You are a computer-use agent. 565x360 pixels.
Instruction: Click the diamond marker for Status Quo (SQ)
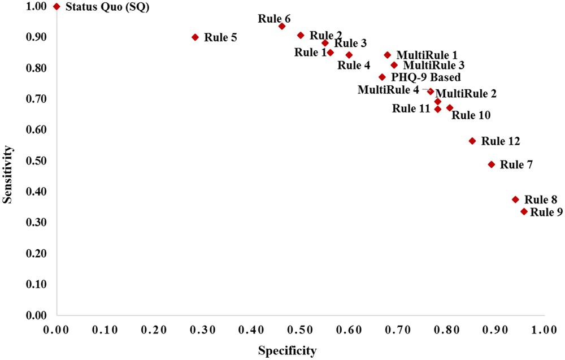pyautogui.click(x=56, y=6)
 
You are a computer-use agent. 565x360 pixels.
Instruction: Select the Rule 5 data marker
pyautogui.click(x=195, y=37)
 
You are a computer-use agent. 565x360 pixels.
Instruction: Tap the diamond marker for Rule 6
pyautogui.click(x=282, y=27)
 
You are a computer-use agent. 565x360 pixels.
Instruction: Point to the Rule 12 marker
pyautogui.click(x=472, y=141)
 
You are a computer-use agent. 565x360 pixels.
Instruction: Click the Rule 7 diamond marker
pyautogui.click(x=492, y=164)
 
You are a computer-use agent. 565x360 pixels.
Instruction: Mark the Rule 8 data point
pyautogui.click(x=515, y=199)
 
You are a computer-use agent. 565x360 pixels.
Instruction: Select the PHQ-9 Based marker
pyautogui.click(x=382, y=77)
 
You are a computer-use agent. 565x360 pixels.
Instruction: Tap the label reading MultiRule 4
pyautogui.click(x=388, y=89)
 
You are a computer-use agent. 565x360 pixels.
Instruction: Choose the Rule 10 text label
pyautogui.click(x=471, y=115)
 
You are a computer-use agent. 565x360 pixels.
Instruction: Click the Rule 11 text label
pyautogui.click(x=411, y=109)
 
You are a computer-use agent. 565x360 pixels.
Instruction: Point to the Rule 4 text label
pyautogui.click(x=354, y=65)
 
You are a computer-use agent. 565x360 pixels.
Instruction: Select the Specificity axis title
pyautogui.click(x=287, y=351)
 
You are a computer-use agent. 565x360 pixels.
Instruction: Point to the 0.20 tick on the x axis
pyautogui.click(x=154, y=328)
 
